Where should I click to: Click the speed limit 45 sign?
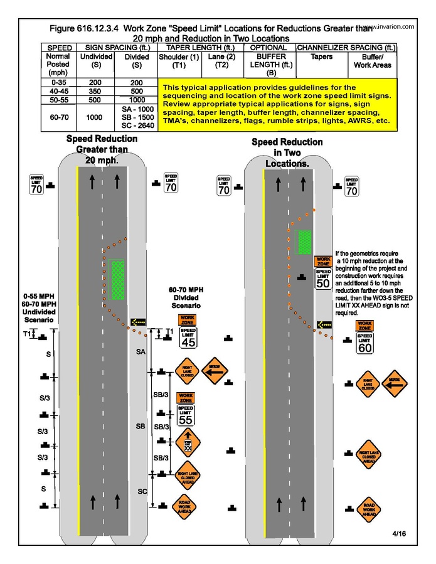coord(188,338)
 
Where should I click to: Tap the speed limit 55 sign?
coord(186,415)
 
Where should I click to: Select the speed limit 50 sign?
coord(323,279)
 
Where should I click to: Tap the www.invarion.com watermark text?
coord(390,27)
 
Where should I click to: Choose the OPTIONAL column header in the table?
coord(269,48)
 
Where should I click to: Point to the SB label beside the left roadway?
coord(141,426)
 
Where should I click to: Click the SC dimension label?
coord(142,491)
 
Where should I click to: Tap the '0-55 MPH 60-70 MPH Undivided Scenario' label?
coord(38,308)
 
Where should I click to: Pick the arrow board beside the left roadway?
coord(137,322)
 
